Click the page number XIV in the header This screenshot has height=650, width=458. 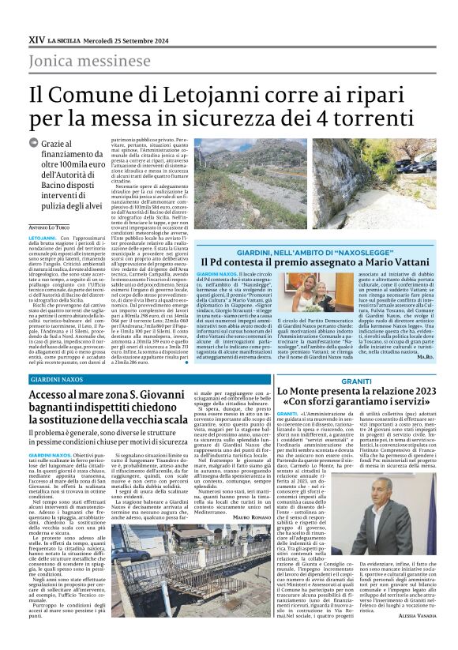[36, 37]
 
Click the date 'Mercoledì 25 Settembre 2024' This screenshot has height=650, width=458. [125, 37]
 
